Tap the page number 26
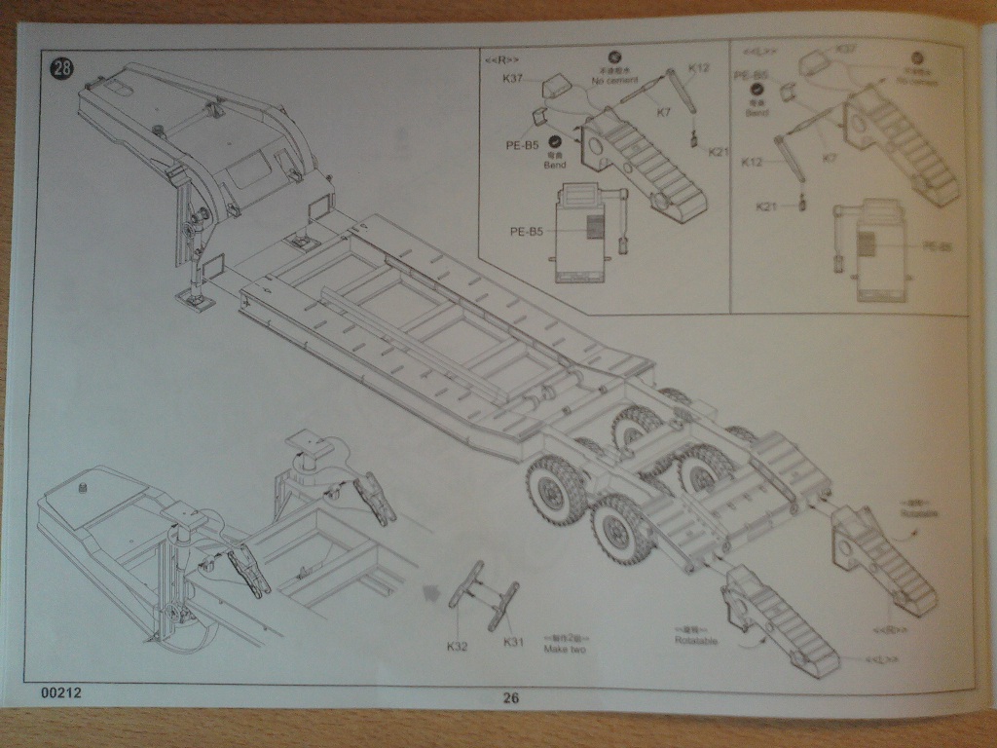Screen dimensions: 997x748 coord(512,696)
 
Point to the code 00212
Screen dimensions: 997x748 coord(61,693)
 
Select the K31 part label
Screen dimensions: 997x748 coord(514,642)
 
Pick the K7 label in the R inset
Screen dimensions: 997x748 coord(664,113)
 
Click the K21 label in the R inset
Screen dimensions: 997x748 coord(718,151)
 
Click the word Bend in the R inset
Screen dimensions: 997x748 coord(555,166)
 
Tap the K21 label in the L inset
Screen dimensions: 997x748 coord(768,206)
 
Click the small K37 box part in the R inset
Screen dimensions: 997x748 coord(555,87)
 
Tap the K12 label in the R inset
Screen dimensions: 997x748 coord(699,68)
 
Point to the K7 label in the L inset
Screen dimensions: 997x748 coord(828,157)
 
